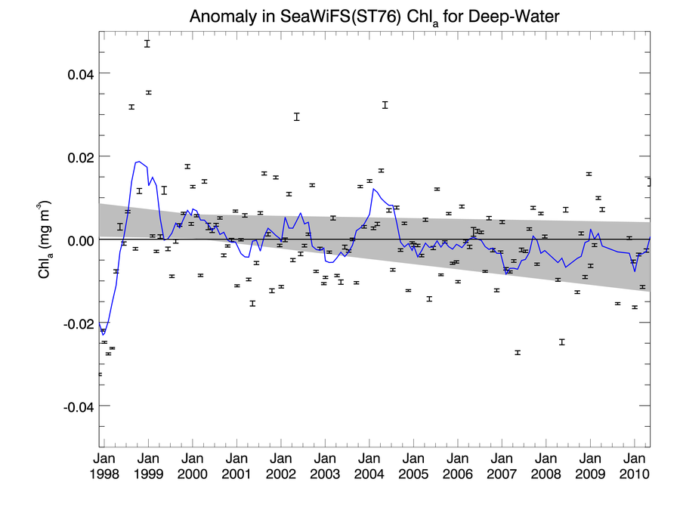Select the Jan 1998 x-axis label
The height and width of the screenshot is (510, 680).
104,466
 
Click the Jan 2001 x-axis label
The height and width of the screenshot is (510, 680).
236,466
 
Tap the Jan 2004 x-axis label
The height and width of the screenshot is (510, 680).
369,466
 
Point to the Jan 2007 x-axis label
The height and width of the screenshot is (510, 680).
501,466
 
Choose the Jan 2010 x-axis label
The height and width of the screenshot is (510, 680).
633,466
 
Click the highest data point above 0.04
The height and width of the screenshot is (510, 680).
147,44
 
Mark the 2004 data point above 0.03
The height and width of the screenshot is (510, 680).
385,105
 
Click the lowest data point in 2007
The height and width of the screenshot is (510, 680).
518,353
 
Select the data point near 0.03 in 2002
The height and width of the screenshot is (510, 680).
297,116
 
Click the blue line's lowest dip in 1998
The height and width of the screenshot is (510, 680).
104,334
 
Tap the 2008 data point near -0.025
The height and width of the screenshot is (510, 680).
562,342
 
